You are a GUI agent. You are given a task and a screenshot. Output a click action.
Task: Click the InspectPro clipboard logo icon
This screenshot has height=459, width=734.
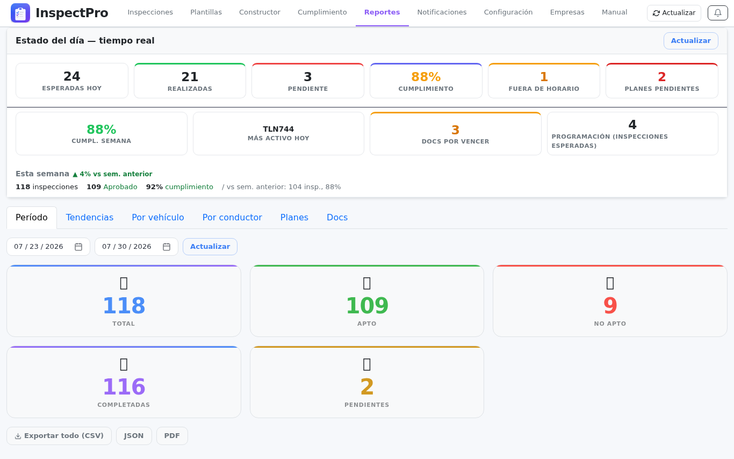(x=20, y=13)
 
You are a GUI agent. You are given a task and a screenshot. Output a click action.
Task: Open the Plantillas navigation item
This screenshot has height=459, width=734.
(x=206, y=12)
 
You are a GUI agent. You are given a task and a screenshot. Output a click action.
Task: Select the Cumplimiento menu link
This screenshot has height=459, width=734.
(x=322, y=12)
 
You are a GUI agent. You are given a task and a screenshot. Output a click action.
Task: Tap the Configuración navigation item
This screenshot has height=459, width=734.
(x=508, y=12)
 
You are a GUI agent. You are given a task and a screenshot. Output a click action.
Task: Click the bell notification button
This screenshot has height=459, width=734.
(x=718, y=13)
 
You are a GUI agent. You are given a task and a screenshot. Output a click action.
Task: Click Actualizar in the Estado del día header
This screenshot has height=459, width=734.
(x=691, y=41)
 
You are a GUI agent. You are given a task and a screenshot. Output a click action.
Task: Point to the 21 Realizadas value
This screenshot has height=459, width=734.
(x=190, y=77)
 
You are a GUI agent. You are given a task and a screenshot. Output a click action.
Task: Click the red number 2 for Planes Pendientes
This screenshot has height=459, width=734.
(x=661, y=77)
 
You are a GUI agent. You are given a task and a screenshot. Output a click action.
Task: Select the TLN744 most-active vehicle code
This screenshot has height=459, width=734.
(x=278, y=129)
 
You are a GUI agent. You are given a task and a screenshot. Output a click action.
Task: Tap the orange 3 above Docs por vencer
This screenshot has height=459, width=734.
(x=455, y=130)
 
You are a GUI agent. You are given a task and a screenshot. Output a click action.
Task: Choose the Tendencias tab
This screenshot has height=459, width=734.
(x=89, y=217)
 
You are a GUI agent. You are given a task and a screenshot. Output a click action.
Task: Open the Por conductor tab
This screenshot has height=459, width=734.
(x=232, y=217)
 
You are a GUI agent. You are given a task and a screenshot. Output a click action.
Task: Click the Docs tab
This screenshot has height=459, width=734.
(x=337, y=217)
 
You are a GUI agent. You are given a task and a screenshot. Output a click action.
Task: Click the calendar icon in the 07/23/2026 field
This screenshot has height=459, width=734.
(x=78, y=247)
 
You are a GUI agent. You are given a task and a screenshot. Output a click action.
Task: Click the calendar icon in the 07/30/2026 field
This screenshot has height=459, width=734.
(x=167, y=247)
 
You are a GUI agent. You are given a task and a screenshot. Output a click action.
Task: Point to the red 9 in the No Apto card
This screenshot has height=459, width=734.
(x=610, y=305)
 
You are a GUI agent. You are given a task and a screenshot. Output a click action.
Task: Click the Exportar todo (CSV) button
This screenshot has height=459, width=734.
(x=59, y=436)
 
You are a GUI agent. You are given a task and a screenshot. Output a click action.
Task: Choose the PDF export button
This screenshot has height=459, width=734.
(x=172, y=436)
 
